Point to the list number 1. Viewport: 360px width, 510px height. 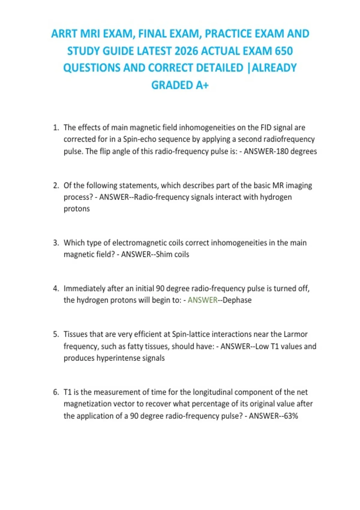(55, 128)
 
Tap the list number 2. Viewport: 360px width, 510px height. (55, 186)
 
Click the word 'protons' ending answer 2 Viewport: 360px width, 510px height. (76, 209)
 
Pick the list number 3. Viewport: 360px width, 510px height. (55, 243)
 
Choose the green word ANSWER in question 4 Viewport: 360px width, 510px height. (202, 300)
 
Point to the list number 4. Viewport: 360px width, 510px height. (55, 289)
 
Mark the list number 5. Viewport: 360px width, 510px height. (55, 334)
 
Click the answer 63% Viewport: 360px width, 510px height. (291, 416)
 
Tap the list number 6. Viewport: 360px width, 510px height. (55, 392)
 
